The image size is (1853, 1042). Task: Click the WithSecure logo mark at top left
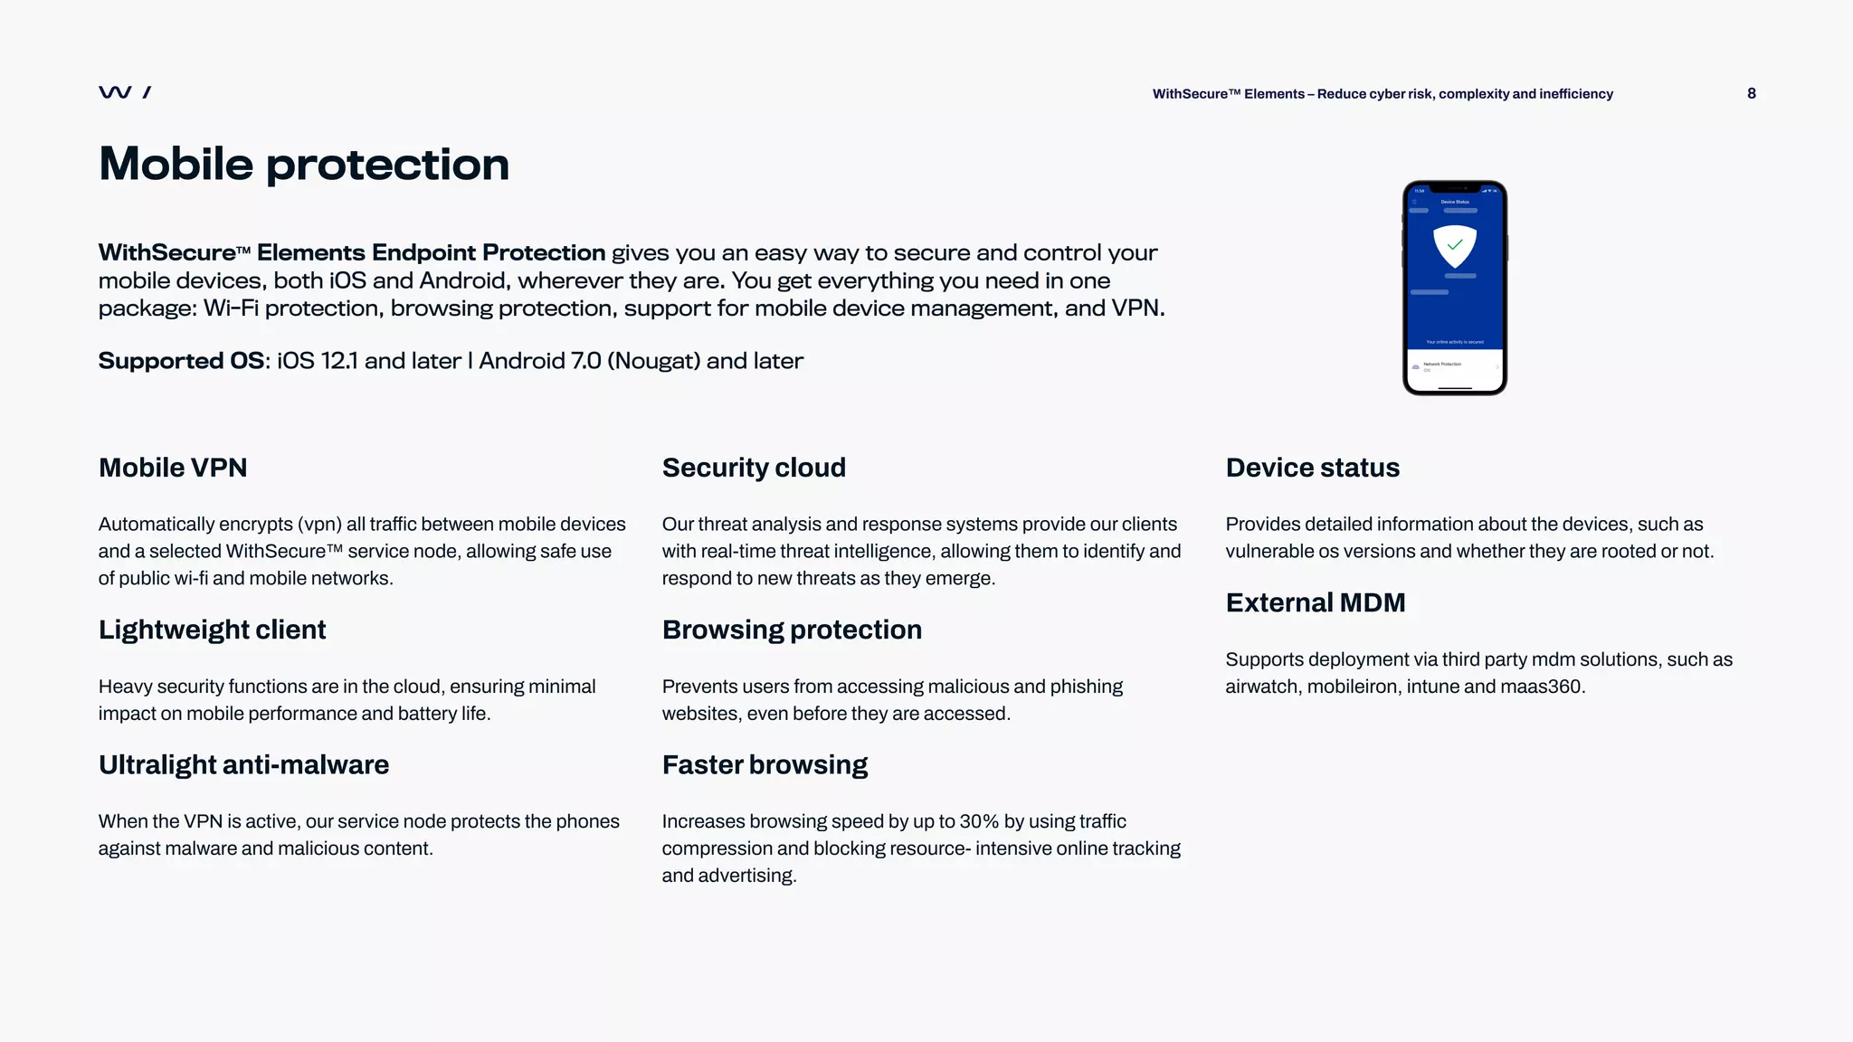[124, 92]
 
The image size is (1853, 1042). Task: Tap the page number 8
[1752, 93]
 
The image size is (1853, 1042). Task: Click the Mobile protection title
[304, 164]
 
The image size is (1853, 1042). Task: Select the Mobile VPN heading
[173, 468]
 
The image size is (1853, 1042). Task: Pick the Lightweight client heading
[212, 630]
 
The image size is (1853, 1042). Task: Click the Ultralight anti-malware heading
[243, 764]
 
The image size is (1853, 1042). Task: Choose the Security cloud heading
[754, 468]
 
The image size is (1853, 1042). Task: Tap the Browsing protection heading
[792, 630]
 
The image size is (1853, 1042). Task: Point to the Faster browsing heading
[765, 764]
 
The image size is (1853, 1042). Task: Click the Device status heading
[1312, 468]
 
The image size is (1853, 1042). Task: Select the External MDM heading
[1316, 602]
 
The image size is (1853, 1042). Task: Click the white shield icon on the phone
[1455, 245]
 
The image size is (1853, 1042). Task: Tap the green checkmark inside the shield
[1455, 244]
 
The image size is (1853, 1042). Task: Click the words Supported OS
[181, 361]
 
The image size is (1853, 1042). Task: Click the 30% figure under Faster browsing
[979, 821]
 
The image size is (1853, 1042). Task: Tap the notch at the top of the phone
[1455, 187]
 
